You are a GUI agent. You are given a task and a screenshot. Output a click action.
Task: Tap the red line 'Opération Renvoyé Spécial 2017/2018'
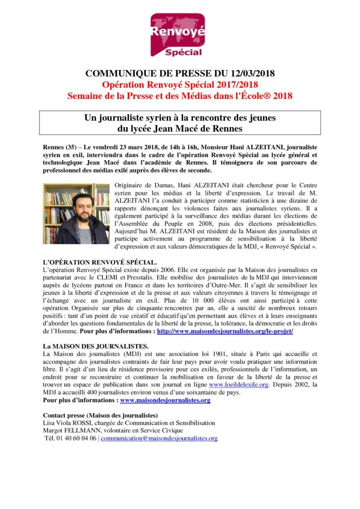pos(180,85)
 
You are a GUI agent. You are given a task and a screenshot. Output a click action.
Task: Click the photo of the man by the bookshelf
pos(76,214)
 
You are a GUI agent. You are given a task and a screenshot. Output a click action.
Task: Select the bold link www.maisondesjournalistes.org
pos(165,400)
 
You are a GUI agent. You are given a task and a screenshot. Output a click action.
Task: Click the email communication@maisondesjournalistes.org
pos(159,438)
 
